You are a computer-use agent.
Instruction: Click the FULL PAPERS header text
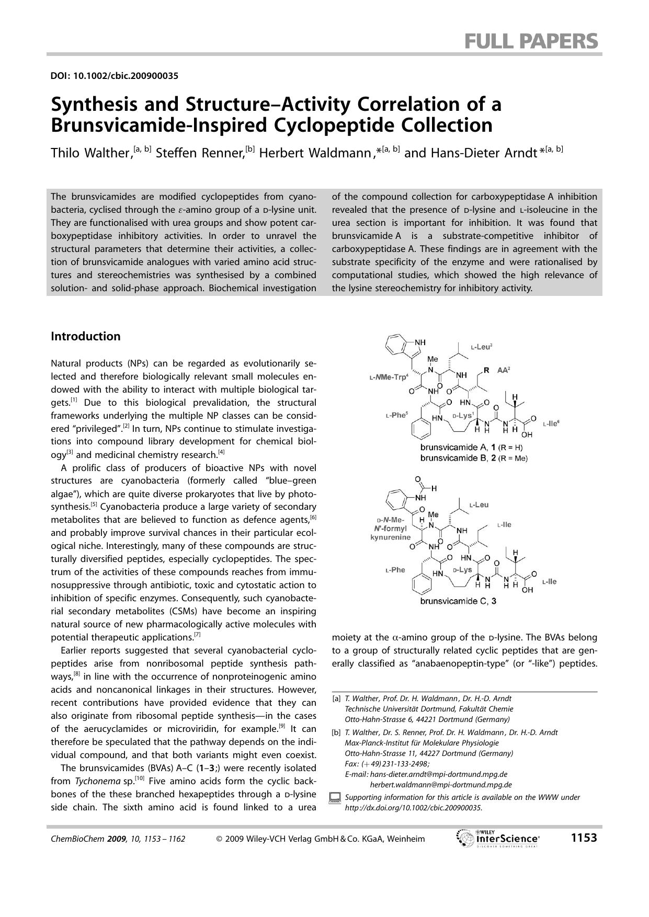tap(531, 41)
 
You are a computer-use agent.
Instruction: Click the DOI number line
tap(114, 76)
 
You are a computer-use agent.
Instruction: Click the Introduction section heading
tap(85, 336)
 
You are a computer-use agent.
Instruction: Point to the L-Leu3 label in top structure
tap(481, 347)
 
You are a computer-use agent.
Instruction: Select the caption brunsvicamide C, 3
tap(458, 601)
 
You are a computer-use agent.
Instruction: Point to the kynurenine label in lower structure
tap(390, 537)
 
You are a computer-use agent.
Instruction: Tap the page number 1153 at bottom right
tap(584, 838)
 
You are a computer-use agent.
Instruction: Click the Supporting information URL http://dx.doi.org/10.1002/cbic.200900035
tap(413, 808)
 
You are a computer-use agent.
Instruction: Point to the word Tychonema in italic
tap(95, 781)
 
